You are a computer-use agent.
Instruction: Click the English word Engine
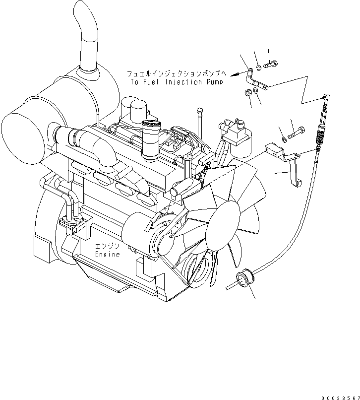108,255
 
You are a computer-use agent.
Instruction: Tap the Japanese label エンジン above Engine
108,247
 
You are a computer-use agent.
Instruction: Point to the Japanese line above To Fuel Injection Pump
177,74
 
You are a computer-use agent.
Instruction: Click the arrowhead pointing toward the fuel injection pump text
234,73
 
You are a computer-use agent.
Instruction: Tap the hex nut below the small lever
247,92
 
